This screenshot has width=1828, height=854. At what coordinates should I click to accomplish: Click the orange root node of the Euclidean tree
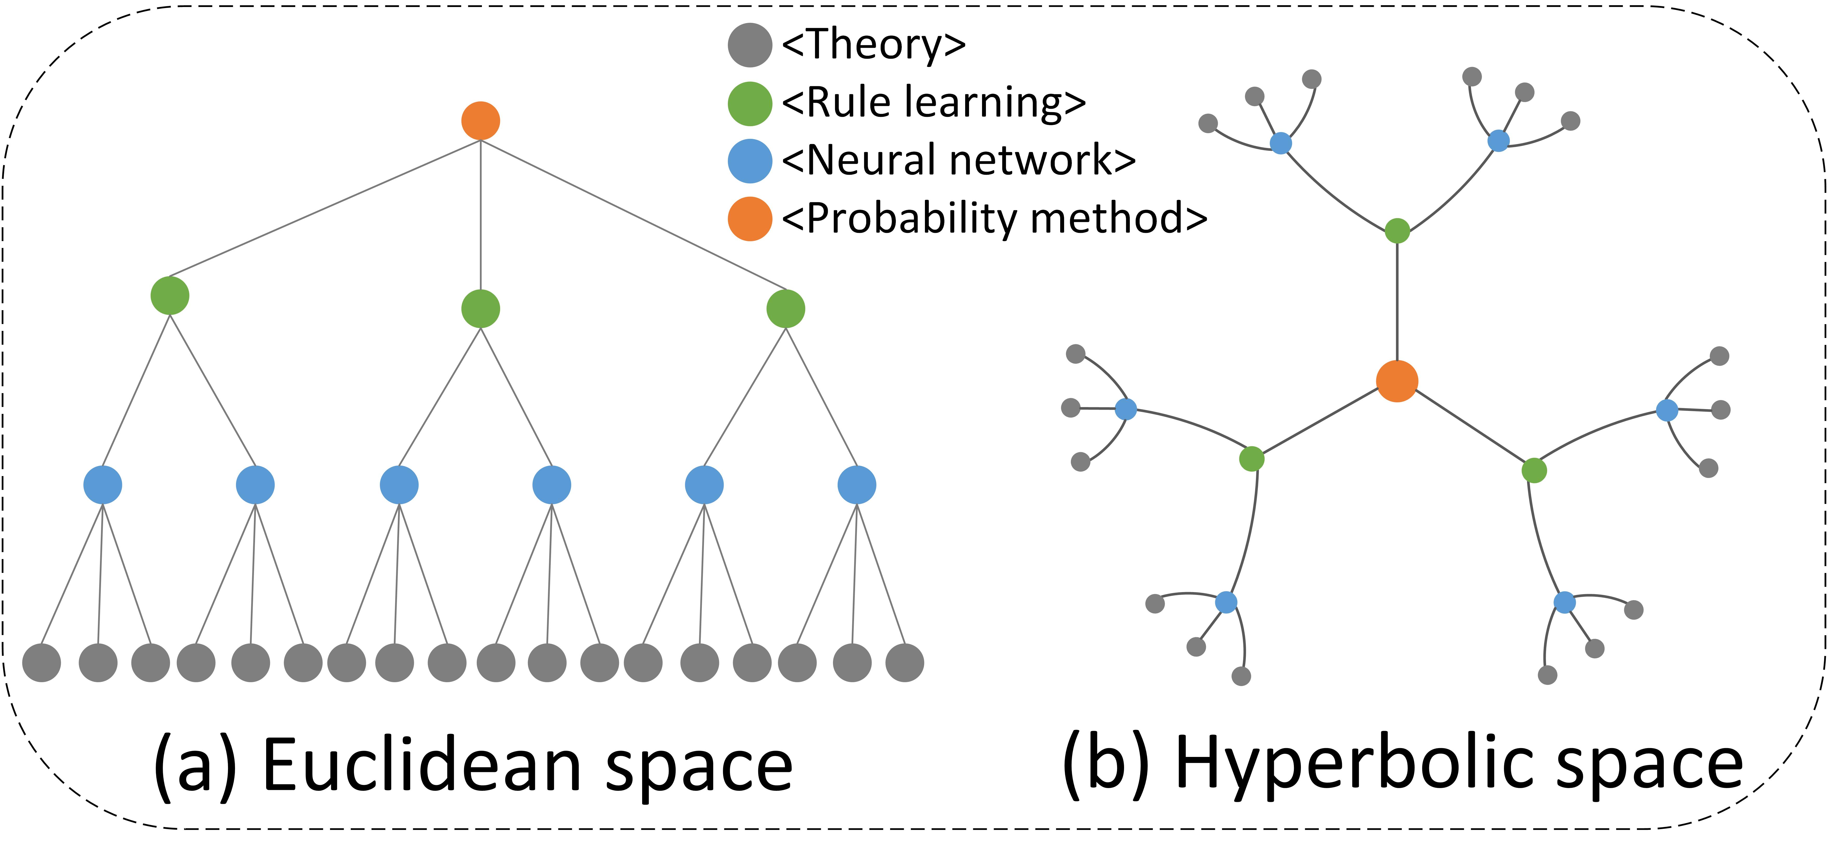480,121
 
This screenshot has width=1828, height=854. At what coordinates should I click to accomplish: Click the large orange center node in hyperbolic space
1396,381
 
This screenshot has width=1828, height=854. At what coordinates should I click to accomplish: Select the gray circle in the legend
749,45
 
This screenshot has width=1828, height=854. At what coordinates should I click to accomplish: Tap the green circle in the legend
749,104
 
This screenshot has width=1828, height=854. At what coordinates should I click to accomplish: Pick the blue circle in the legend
749,161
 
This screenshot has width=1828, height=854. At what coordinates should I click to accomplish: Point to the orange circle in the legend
749,219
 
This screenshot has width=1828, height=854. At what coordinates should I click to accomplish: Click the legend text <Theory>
873,45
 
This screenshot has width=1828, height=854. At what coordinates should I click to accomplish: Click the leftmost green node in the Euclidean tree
170,295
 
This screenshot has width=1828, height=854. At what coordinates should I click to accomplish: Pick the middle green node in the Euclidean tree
480,309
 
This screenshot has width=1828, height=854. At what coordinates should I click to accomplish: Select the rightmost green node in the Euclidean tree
785,309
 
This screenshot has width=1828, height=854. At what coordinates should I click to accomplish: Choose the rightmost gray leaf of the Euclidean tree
905,662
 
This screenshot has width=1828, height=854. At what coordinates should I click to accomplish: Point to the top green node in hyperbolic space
1396,231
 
